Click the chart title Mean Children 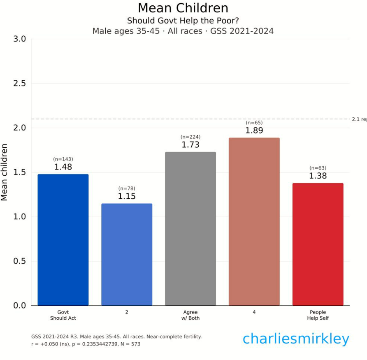click(183, 8)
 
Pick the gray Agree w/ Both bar click(190, 229)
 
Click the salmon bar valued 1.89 click(254, 222)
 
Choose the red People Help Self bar click(318, 244)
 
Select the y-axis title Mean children click(5, 172)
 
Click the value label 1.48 click(63, 167)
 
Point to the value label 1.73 click(190, 145)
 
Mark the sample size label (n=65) click(254, 123)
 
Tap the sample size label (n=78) click(127, 188)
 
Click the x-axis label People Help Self click(318, 315)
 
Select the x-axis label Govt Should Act click(63, 315)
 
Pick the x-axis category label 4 click(254, 312)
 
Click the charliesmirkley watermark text click(295, 339)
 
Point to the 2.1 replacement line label click(359, 119)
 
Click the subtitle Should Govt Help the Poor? click(183, 21)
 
